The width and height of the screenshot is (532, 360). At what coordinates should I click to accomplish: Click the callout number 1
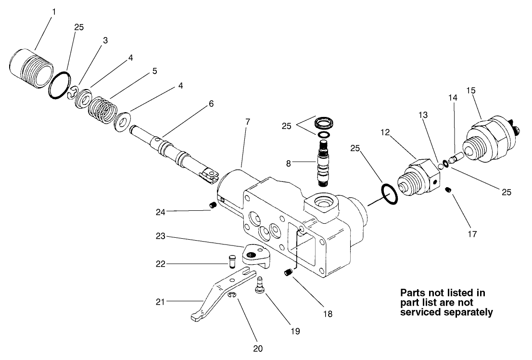coord(54,11)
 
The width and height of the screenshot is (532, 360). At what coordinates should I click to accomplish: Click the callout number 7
coord(248,122)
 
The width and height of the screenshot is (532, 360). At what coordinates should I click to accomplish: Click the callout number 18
coord(328,314)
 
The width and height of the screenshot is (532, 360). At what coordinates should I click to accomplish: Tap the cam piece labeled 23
coord(255,254)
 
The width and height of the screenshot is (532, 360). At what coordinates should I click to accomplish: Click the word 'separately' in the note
coord(470,312)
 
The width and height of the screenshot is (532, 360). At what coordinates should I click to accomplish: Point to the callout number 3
coord(105,40)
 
